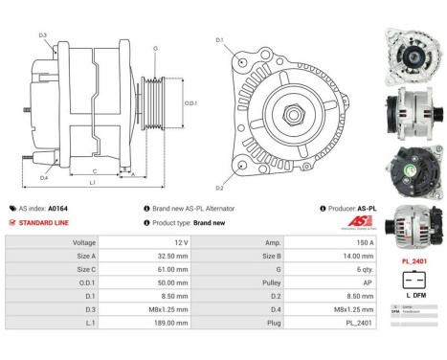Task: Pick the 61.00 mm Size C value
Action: point(158,270)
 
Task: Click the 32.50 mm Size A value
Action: point(158,257)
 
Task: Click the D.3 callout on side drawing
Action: point(42,35)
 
